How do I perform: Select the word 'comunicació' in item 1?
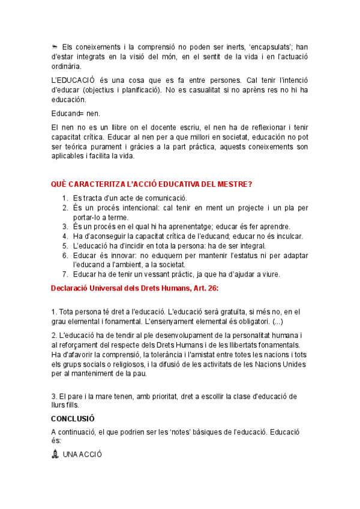[166, 198]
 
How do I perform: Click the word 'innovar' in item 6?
[124, 255]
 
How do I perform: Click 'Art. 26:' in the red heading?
[203, 288]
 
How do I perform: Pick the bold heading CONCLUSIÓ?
[73, 418]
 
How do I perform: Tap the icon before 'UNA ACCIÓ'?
[55, 454]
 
